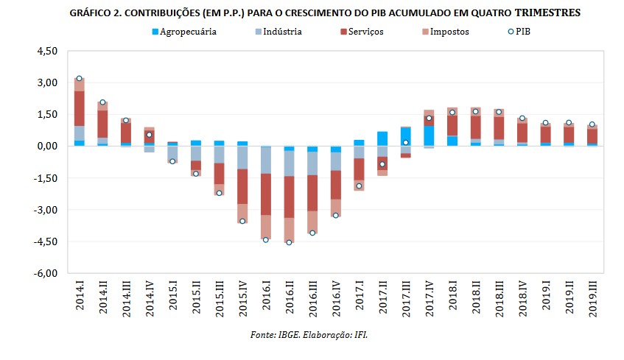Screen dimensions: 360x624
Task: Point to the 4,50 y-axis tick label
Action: pos(46,52)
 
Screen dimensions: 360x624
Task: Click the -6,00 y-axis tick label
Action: pos(46,273)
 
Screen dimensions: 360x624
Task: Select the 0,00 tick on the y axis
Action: pos(46,147)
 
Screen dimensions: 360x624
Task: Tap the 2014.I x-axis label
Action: pos(80,295)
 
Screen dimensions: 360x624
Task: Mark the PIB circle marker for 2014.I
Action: pos(79,78)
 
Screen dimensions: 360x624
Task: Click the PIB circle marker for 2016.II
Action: pos(289,242)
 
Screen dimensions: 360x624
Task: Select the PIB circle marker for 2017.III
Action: pos(405,142)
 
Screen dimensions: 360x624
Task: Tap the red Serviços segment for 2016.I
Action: pos(265,194)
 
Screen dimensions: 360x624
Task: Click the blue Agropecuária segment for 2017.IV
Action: pos(429,136)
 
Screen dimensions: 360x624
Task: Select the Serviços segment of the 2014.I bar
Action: pos(79,108)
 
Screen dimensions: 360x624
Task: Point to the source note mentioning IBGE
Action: pos(309,335)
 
